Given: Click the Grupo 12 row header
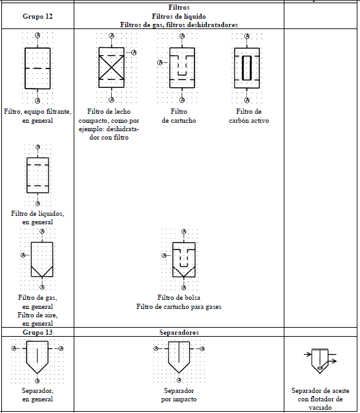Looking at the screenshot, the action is (37, 16).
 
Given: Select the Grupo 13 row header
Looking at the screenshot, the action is (37, 332).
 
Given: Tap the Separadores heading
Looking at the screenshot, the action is (179, 332).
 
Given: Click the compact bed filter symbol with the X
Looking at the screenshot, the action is (111, 67).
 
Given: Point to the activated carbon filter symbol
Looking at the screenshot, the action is (247, 68).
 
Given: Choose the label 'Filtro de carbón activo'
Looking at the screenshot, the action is (249, 116).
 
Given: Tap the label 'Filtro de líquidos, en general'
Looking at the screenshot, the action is (37, 218).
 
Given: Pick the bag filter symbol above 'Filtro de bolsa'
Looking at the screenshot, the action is (184, 260).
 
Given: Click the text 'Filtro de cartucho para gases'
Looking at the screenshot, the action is (179, 306).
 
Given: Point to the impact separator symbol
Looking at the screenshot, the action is (179, 357).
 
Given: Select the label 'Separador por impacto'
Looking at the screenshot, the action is (179, 395).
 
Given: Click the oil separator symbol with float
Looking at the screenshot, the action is (320, 361).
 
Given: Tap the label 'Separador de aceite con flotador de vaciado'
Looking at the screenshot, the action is (320, 399).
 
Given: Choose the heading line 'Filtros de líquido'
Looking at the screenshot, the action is (179, 16).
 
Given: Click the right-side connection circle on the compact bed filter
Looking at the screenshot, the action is (134, 53).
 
